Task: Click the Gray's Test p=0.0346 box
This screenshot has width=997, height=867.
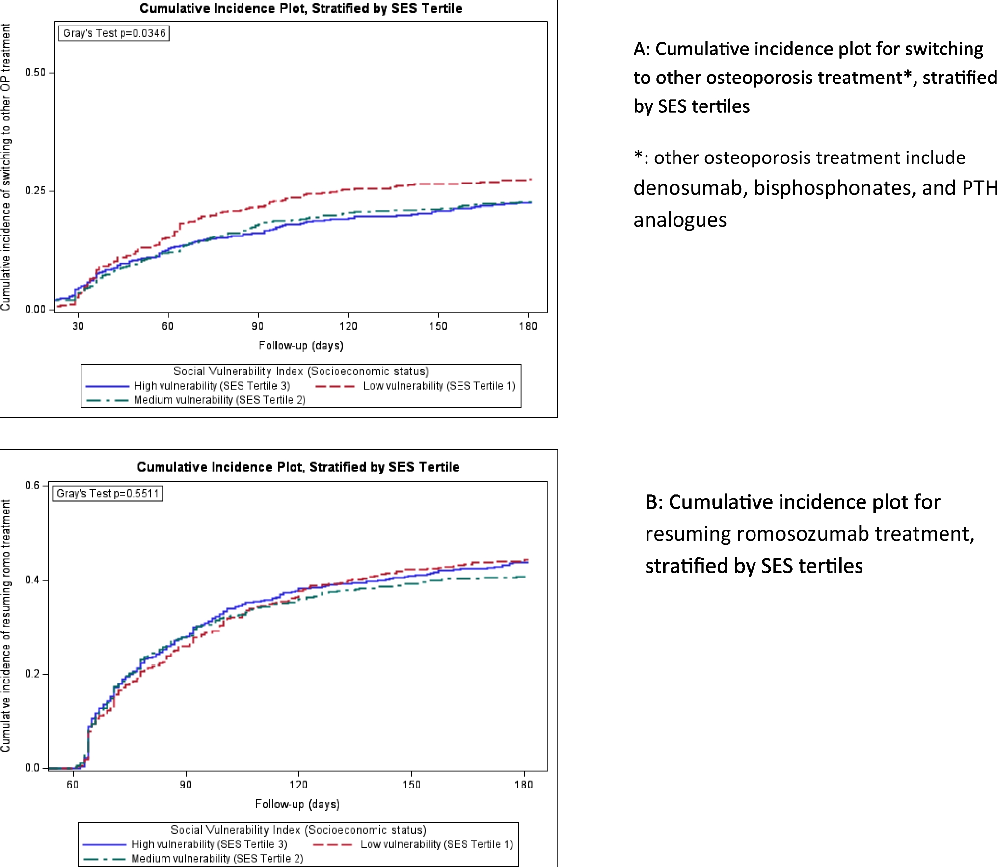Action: (114, 33)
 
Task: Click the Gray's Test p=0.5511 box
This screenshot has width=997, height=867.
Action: (108, 494)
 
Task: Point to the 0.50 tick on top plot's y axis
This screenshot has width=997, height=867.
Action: (35, 73)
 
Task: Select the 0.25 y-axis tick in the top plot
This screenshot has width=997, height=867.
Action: (35, 191)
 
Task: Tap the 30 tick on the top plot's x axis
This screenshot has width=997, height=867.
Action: (78, 326)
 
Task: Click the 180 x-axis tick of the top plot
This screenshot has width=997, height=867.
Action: (528, 326)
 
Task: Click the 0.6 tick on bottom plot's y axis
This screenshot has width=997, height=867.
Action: (32, 486)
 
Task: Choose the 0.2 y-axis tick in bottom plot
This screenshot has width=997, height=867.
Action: (32, 674)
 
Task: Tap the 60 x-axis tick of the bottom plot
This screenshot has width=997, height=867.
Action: (73, 785)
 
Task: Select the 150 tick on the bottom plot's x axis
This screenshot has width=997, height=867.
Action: (411, 785)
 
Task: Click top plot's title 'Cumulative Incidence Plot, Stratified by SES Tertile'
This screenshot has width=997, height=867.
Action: (300, 8)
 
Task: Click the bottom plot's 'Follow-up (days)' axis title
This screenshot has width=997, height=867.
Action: (297, 804)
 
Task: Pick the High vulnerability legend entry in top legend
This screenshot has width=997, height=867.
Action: (212, 386)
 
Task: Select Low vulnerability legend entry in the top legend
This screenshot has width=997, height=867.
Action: (439, 386)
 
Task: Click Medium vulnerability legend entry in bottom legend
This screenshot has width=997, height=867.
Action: (216, 859)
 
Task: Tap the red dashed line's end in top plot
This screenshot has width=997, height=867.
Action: (531, 180)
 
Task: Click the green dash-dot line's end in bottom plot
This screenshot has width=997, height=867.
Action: (526, 577)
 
